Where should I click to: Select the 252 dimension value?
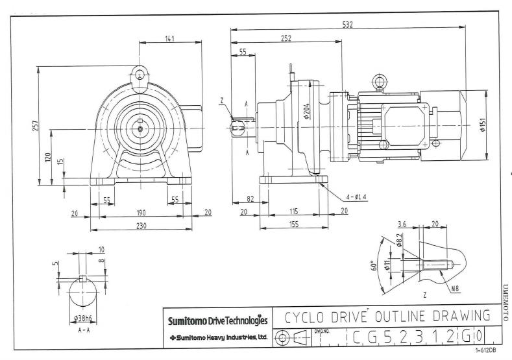(285, 38)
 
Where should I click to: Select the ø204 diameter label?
(305, 112)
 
